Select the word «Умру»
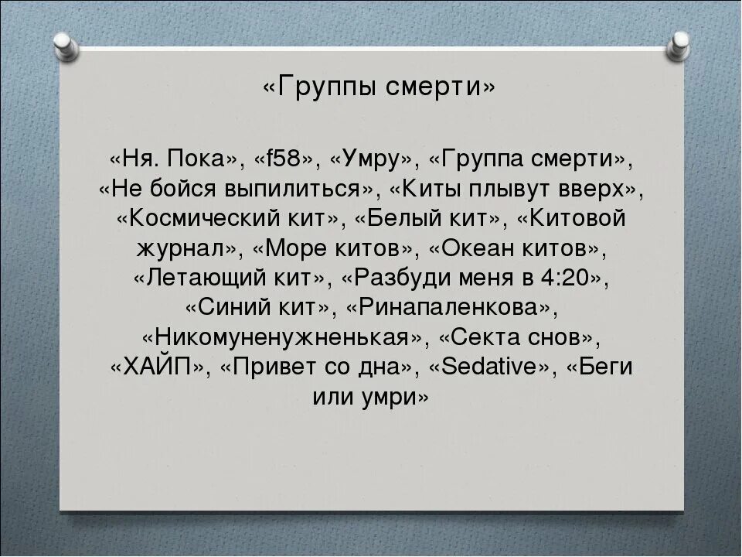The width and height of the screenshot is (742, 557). pos(373,160)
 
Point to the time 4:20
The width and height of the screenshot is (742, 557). pos(567,278)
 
